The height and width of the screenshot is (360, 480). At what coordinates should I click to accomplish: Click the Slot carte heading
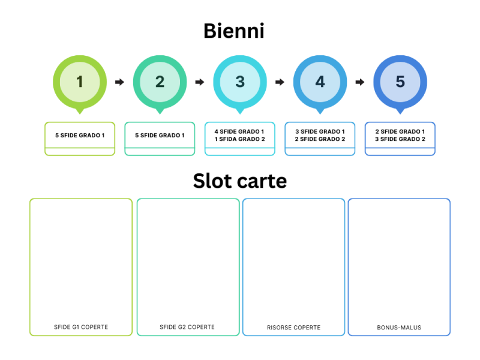point(240,181)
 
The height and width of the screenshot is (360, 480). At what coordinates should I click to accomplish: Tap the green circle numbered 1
point(80,82)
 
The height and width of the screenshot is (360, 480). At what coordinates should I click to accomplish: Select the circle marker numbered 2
point(160,82)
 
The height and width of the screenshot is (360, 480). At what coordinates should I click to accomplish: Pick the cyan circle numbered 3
point(240,82)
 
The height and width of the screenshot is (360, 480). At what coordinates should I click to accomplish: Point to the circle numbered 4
point(320,82)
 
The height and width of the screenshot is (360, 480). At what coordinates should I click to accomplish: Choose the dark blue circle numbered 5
point(400,82)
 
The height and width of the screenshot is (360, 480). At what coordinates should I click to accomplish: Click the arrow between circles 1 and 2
point(119,82)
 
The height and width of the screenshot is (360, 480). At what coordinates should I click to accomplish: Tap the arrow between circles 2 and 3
point(200,82)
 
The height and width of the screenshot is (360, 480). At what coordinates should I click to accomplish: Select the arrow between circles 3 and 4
point(280,82)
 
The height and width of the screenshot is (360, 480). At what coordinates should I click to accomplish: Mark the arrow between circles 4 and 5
point(360,82)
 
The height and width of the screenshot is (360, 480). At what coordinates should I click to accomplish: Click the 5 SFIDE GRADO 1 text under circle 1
point(80,136)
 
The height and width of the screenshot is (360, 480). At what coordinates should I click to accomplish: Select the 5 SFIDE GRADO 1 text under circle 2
point(160,136)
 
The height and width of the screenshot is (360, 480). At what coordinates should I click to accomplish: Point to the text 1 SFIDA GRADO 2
point(240,139)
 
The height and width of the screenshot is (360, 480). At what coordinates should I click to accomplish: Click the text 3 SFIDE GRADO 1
point(320,131)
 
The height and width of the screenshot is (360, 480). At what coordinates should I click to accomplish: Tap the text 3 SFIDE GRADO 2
point(400,139)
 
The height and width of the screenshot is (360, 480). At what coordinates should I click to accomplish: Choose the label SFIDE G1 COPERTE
point(81,327)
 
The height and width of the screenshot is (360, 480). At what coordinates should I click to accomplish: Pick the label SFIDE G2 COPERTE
point(187,327)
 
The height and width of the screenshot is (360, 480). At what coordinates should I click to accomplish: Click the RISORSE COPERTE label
point(293,328)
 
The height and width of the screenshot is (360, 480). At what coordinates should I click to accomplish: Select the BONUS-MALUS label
point(399,328)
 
